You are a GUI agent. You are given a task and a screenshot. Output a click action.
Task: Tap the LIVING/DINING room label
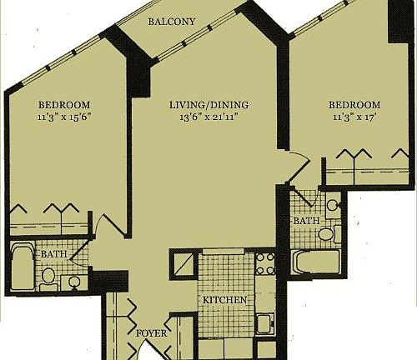click(x=208, y=105)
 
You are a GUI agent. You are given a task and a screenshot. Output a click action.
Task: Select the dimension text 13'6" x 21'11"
click(x=208, y=117)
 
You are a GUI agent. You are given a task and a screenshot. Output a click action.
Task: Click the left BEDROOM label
click(x=64, y=104)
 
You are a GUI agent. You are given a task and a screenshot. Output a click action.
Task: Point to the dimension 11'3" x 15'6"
click(x=64, y=117)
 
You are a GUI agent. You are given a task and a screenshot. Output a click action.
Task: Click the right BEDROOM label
click(x=354, y=105)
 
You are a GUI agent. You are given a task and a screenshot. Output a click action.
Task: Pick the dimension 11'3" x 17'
click(x=354, y=117)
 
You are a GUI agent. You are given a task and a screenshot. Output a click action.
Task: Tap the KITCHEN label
click(x=224, y=299)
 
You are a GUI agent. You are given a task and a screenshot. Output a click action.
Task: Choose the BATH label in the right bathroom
click(x=304, y=221)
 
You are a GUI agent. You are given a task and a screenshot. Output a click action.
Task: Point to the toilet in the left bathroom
click(x=48, y=275)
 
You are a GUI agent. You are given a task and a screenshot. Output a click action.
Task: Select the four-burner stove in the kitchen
click(x=264, y=263)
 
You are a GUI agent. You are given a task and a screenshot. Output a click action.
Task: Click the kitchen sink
click(x=267, y=322)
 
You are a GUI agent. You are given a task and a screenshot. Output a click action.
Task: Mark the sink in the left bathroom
click(x=75, y=281)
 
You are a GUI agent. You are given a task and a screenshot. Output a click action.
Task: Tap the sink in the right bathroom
click(x=332, y=205)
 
